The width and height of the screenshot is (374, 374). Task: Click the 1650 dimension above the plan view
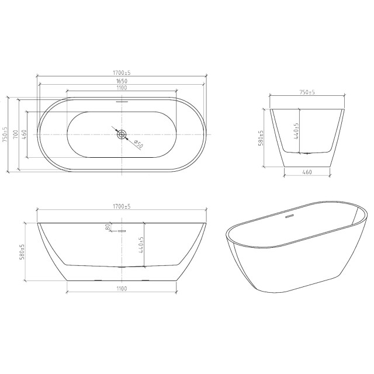pyautogui.click(x=122, y=81)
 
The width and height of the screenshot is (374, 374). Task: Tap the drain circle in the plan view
pyautogui.click(x=122, y=134)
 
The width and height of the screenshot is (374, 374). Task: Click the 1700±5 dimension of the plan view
pyautogui.click(x=122, y=72)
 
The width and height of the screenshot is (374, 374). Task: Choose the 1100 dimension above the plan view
pyautogui.click(x=122, y=88)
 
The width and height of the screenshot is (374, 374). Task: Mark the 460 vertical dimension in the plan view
pyautogui.click(x=25, y=134)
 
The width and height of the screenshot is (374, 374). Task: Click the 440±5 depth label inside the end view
pyautogui.click(x=297, y=132)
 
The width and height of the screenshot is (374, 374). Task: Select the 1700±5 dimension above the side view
pyautogui.click(x=122, y=206)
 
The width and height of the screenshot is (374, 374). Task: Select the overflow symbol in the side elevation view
pyautogui.click(x=122, y=230)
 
